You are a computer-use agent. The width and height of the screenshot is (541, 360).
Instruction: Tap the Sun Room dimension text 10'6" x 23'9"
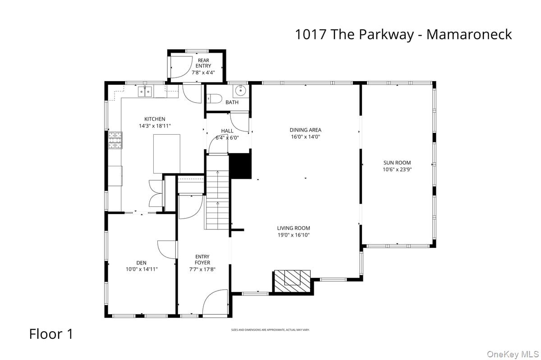point(397,170)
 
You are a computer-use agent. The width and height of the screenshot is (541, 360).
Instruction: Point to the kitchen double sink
point(146,92)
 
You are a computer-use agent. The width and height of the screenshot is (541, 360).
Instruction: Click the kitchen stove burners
point(115,140)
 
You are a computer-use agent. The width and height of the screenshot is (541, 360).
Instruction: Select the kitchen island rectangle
point(166,154)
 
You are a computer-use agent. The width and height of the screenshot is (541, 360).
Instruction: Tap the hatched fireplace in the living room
point(292,280)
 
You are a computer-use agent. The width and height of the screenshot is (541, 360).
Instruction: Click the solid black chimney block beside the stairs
point(240,166)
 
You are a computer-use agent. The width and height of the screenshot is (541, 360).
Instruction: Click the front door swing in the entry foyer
point(215,303)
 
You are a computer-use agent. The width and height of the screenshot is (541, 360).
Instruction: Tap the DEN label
point(141,263)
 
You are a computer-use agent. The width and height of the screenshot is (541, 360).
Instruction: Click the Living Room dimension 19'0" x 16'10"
point(293,235)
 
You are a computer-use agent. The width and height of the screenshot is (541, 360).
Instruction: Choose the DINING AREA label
point(305,130)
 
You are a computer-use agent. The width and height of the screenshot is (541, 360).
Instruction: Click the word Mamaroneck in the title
point(469,34)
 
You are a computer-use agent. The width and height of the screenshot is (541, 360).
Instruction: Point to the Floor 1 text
point(51,334)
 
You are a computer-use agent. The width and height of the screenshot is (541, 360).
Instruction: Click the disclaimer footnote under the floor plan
point(270,330)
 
